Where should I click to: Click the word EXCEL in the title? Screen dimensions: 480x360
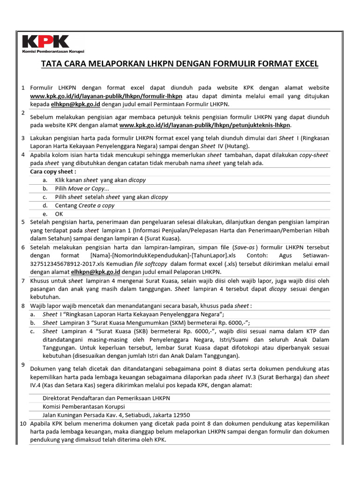click(x=304, y=63)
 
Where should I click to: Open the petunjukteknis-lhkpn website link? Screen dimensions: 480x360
click(x=205, y=126)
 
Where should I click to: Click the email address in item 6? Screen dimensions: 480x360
click(x=96, y=272)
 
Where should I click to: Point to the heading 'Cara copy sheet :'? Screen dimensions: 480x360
click(x=53, y=172)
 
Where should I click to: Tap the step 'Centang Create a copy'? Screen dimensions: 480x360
click(x=84, y=205)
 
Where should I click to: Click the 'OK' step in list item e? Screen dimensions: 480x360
click(x=59, y=214)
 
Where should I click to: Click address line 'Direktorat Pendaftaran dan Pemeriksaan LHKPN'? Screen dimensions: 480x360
click(x=106, y=398)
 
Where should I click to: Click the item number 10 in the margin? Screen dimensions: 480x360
click(x=22, y=423)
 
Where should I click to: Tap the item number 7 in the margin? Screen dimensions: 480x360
click(x=23, y=280)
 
